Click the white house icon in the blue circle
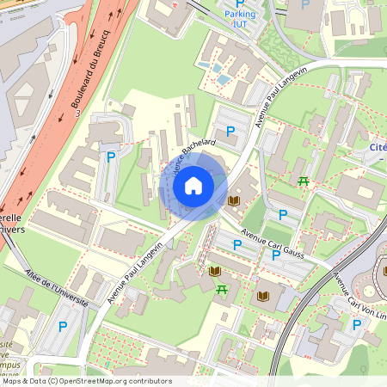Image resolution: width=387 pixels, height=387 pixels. [193, 185]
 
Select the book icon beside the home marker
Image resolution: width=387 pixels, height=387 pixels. [234, 200]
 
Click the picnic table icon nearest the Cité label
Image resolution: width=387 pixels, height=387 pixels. [303, 181]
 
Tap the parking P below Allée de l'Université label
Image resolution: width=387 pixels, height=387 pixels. [62, 327]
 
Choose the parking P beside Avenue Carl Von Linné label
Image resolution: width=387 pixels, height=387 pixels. [357, 324]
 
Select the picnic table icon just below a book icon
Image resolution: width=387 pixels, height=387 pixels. [222, 289]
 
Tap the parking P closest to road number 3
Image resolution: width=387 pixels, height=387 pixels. [111, 157]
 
